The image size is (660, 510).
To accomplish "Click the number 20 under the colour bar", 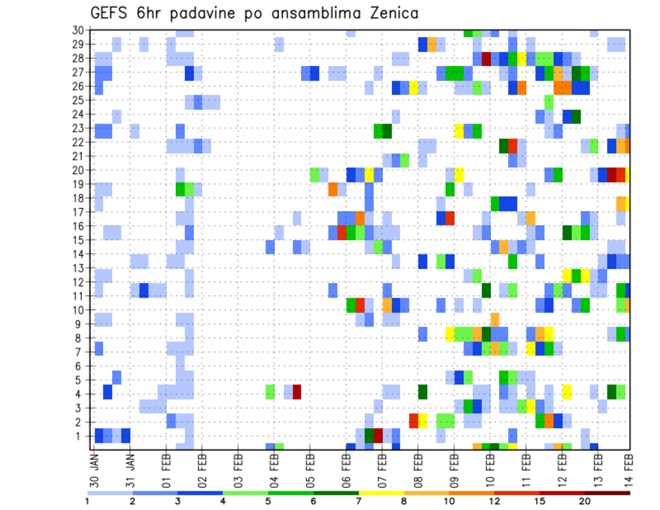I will [x=584, y=500].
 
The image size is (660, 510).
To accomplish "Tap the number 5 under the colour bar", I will [x=268, y=500].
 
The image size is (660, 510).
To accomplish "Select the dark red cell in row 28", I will [x=486, y=58].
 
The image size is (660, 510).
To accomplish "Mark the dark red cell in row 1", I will [x=378, y=435].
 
